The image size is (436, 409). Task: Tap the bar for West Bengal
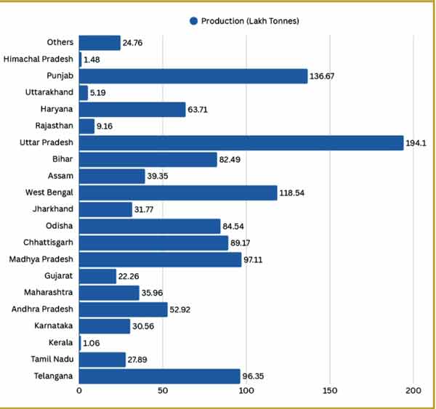point(177,193)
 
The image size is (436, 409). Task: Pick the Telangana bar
point(159,376)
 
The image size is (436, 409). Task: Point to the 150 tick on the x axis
point(330,392)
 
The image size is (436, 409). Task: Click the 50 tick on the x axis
point(163,392)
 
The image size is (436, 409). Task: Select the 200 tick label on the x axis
point(413,392)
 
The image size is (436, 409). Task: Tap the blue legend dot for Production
point(193,21)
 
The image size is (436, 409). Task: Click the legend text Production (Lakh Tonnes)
point(251,21)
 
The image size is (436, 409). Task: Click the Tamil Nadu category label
point(51,360)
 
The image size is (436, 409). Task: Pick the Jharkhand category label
point(52,209)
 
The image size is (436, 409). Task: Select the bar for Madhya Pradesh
point(160,259)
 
